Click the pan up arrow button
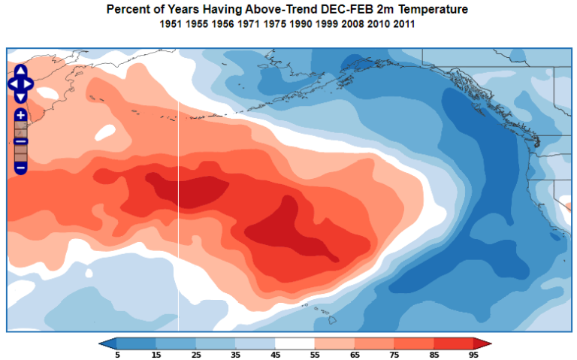pos(21,71)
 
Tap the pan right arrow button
pos(29,83)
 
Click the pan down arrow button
pos(21,95)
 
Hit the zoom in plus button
pos(21,115)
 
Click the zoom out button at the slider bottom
pos(21,167)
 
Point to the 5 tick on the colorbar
pos(118,354)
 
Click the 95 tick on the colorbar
pos(474,354)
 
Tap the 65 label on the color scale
pos(355,354)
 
